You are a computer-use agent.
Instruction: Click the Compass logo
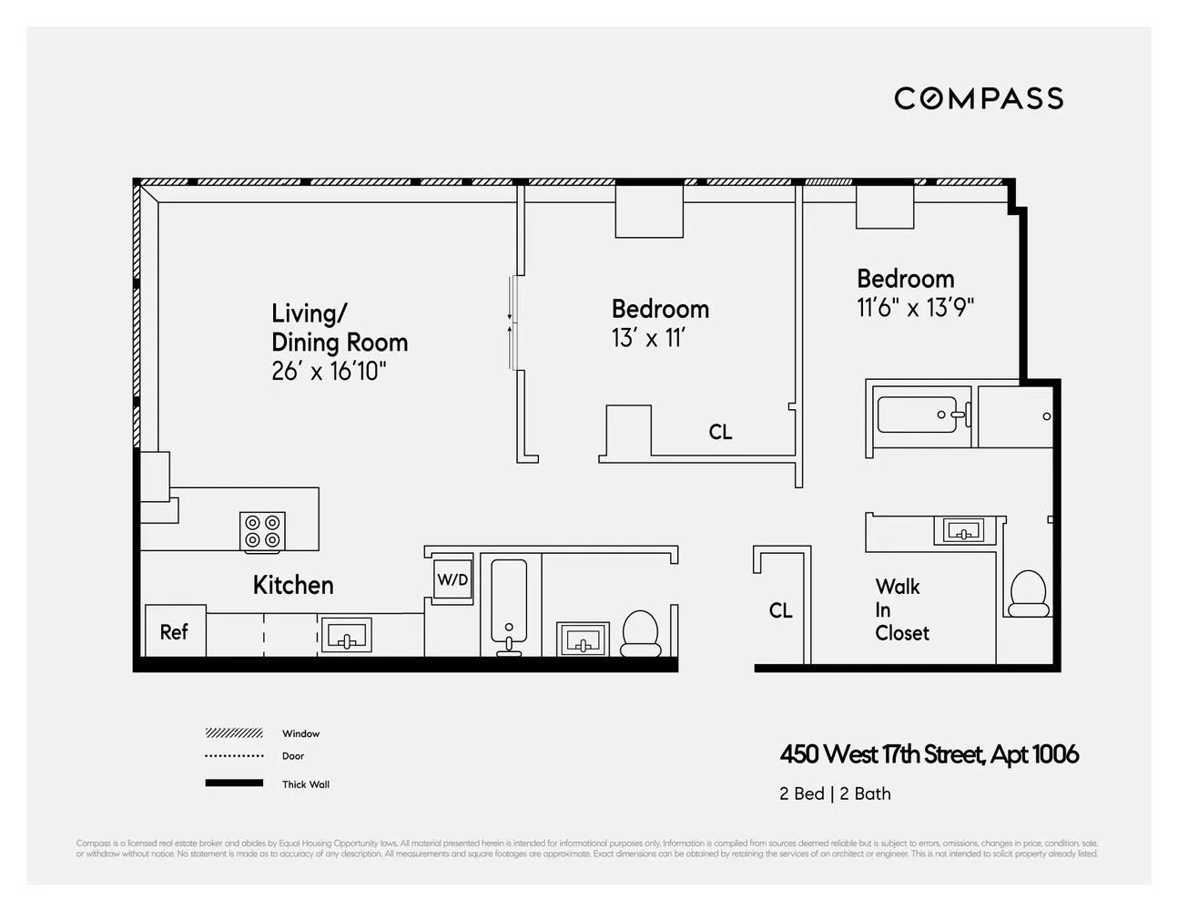pyautogui.click(x=979, y=98)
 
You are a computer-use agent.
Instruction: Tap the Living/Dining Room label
pyautogui.click(x=339, y=328)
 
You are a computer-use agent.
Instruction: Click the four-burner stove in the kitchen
pyautogui.click(x=263, y=531)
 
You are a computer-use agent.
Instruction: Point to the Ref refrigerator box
pyautogui.click(x=175, y=631)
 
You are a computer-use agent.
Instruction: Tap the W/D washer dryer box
pyautogui.click(x=452, y=579)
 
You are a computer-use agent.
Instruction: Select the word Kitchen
pyautogui.click(x=293, y=585)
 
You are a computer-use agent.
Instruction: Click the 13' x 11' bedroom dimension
pyautogui.click(x=647, y=339)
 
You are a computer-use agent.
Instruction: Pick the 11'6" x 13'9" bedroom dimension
pyautogui.click(x=915, y=308)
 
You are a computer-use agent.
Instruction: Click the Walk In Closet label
pyautogui.click(x=901, y=609)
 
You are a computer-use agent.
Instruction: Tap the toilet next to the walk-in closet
pyautogui.click(x=1030, y=594)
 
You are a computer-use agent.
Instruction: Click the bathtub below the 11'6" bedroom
pyautogui.click(x=919, y=415)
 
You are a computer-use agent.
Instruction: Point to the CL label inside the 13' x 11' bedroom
pyautogui.click(x=720, y=432)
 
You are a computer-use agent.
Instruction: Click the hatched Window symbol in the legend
pyautogui.click(x=234, y=733)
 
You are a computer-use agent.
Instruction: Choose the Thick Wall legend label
pyautogui.click(x=306, y=784)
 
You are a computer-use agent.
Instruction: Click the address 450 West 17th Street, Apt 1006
pyautogui.click(x=929, y=754)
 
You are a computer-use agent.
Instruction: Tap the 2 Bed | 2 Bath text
pyautogui.click(x=835, y=793)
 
